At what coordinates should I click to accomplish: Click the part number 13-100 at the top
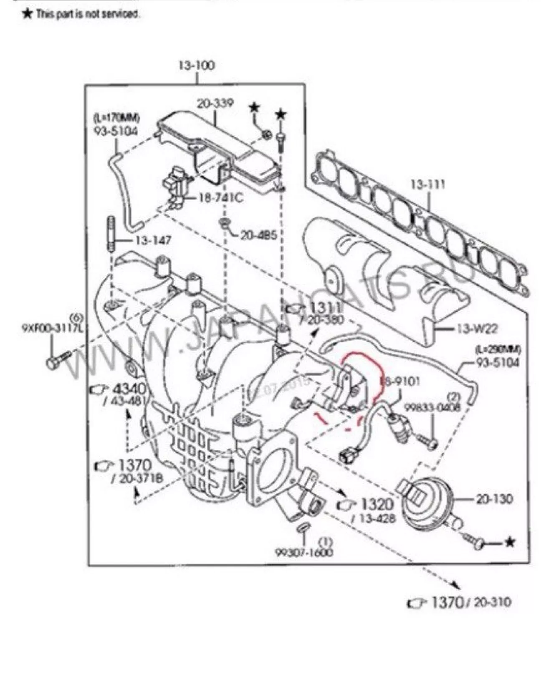pyautogui.click(x=197, y=66)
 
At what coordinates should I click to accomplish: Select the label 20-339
pyautogui.click(x=215, y=103)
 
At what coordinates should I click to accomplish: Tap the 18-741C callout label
pyautogui.click(x=220, y=197)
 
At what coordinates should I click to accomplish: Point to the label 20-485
pyautogui.click(x=258, y=235)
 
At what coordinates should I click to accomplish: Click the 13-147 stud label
pyautogui.click(x=153, y=241)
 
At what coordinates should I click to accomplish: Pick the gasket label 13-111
pyautogui.click(x=428, y=184)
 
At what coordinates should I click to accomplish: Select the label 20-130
pyautogui.click(x=494, y=499)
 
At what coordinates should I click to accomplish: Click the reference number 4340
pyautogui.click(x=130, y=389)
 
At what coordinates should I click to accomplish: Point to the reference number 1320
pyautogui.click(x=377, y=504)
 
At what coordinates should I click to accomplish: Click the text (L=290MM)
pyautogui.click(x=497, y=349)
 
